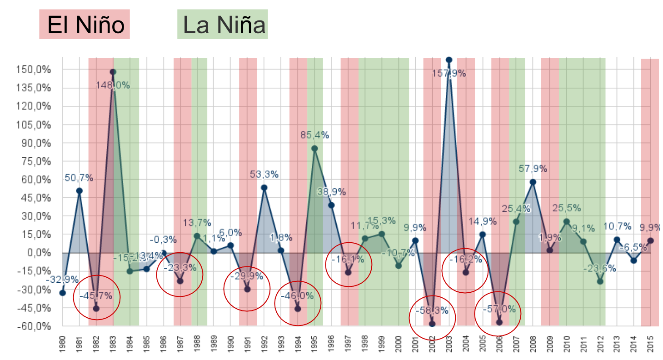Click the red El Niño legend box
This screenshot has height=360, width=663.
tap(85, 25)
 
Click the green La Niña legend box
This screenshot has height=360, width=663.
tap(223, 25)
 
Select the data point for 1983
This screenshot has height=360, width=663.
tap(113, 72)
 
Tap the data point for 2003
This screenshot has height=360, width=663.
tap(449, 60)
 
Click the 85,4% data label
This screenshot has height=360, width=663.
tap(314, 135)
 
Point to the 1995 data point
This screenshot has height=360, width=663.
tap(314, 148)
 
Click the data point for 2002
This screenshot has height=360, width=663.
tap(432, 324)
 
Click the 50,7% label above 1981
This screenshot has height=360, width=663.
tap(79, 178)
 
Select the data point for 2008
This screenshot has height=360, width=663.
tap(533, 182)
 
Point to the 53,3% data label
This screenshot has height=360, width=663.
tap(264, 174)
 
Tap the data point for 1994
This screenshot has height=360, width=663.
tap(298, 309)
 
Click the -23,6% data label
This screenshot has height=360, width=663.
tap(601, 268)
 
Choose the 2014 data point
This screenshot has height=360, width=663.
tap(633, 260)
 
